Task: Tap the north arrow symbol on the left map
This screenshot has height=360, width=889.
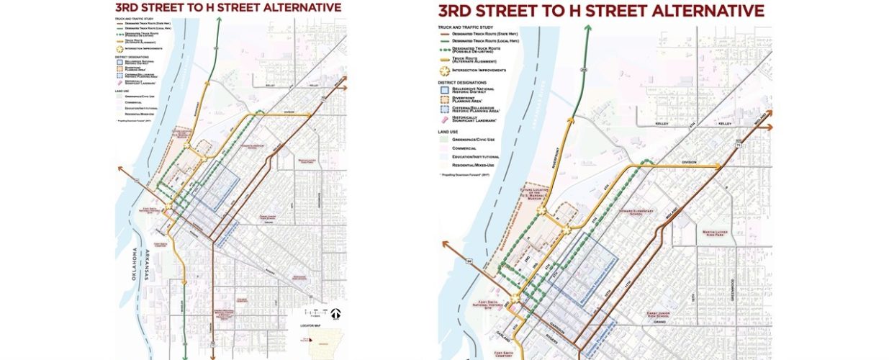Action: tap(335, 313)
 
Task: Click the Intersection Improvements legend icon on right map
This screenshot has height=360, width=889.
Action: tap(443, 71)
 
